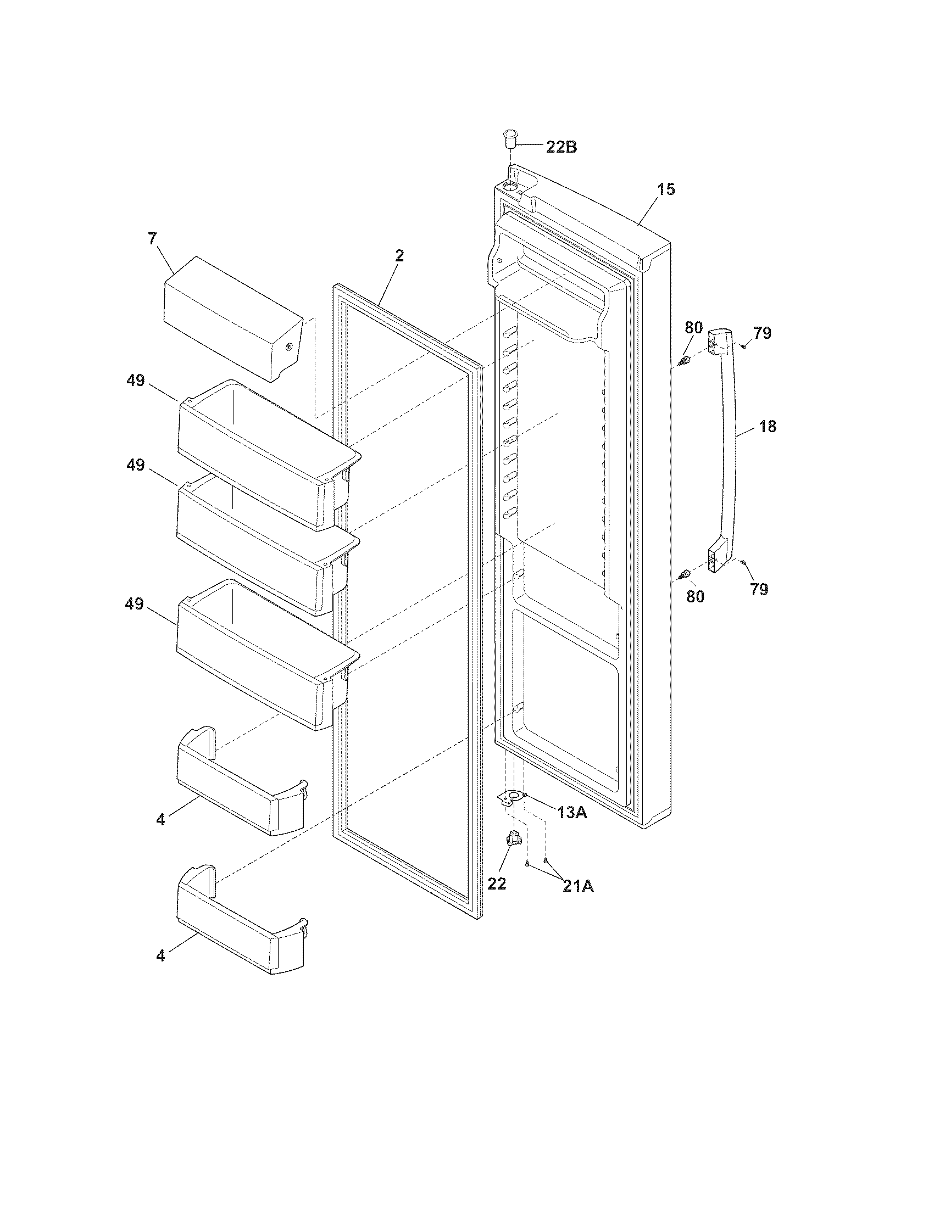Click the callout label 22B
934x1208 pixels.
(x=561, y=147)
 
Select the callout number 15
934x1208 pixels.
(x=666, y=189)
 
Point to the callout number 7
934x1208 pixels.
(x=152, y=239)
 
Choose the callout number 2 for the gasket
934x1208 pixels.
(x=399, y=255)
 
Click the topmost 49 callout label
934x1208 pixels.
(x=135, y=381)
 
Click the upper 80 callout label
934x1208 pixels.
(x=693, y=327)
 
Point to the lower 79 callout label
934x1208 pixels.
(x=759, y=590)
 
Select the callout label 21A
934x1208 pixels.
(x=578, y=886)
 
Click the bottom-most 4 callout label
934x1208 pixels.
(x=160, y=955)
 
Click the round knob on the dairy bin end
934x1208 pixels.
(x=289, y=348)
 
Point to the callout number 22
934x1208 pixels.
(x=496, y=884)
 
